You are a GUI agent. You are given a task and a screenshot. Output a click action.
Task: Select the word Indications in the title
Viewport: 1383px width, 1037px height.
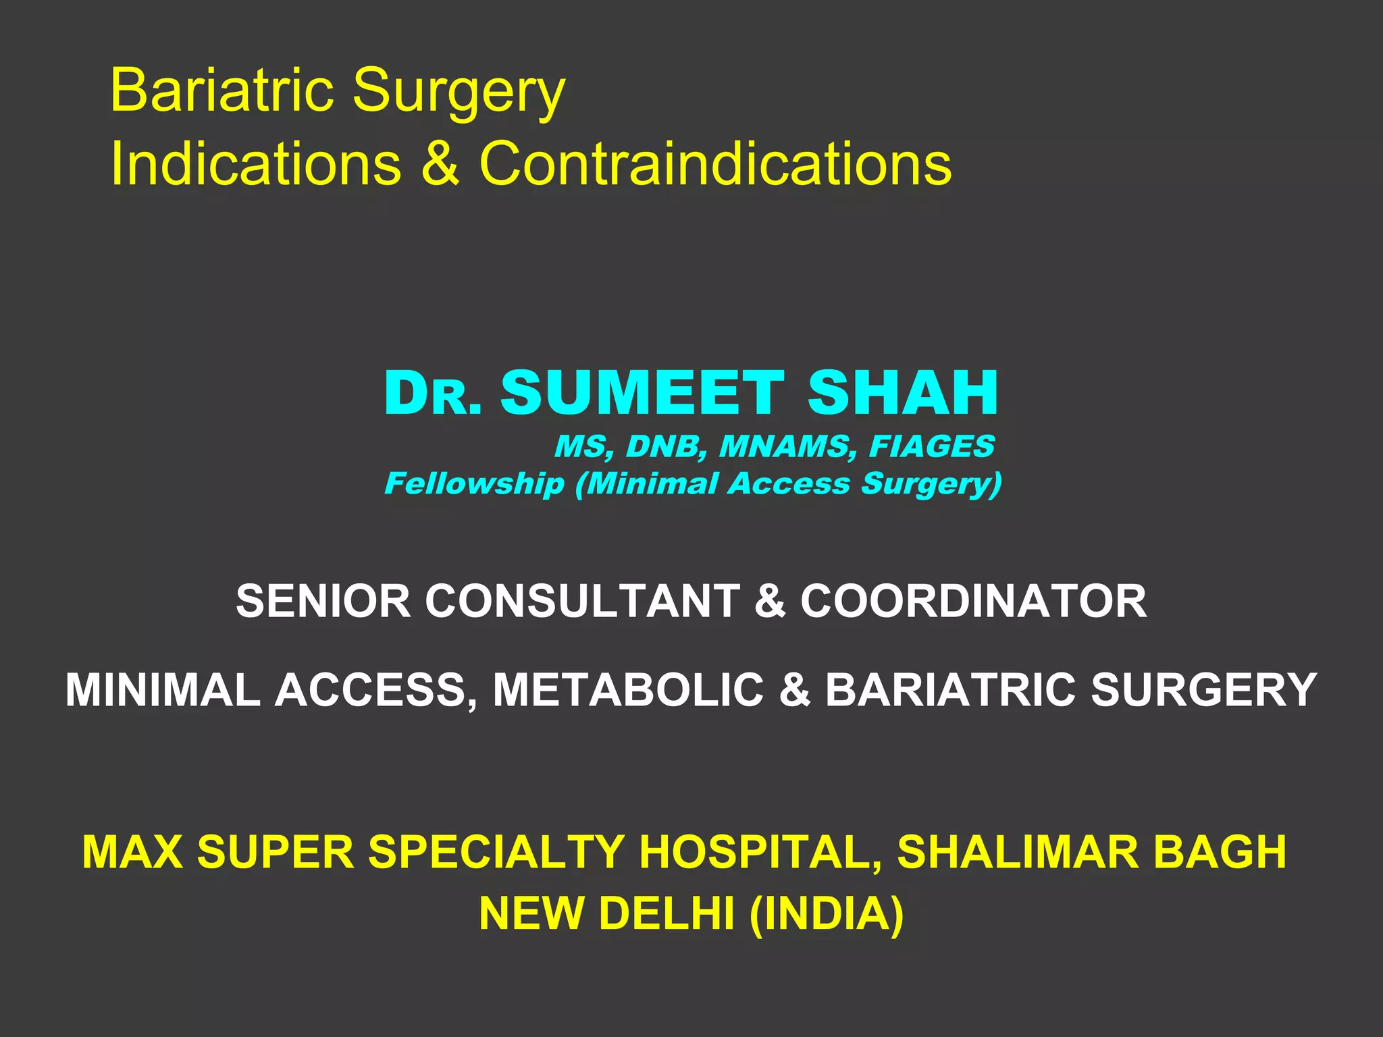(255, 163)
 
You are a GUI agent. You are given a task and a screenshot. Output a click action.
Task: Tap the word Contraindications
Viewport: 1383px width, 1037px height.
(715, 163)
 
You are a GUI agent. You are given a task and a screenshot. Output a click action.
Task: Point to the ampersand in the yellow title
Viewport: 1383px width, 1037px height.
(440, 163)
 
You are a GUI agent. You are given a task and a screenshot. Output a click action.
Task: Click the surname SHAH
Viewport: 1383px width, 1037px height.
(902, 393)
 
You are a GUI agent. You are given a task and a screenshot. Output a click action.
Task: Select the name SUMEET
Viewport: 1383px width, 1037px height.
(642, 393)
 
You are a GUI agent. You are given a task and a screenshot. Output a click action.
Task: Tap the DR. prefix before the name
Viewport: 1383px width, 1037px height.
(432, 394)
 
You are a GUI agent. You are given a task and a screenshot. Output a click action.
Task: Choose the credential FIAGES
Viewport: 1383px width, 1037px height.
(931, 446)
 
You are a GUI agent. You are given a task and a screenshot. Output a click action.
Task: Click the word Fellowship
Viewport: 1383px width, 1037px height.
(474, 483)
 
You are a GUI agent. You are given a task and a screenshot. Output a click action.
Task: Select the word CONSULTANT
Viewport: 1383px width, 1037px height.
(582, 601)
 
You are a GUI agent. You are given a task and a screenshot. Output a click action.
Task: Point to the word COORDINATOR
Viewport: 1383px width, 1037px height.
(973, 601)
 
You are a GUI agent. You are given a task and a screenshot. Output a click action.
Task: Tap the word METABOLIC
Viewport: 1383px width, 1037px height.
(628, 690)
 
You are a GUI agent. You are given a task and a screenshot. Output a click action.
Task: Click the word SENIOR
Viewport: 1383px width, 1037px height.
(323, 601)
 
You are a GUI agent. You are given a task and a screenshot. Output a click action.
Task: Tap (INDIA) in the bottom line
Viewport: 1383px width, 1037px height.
(826, 913)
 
